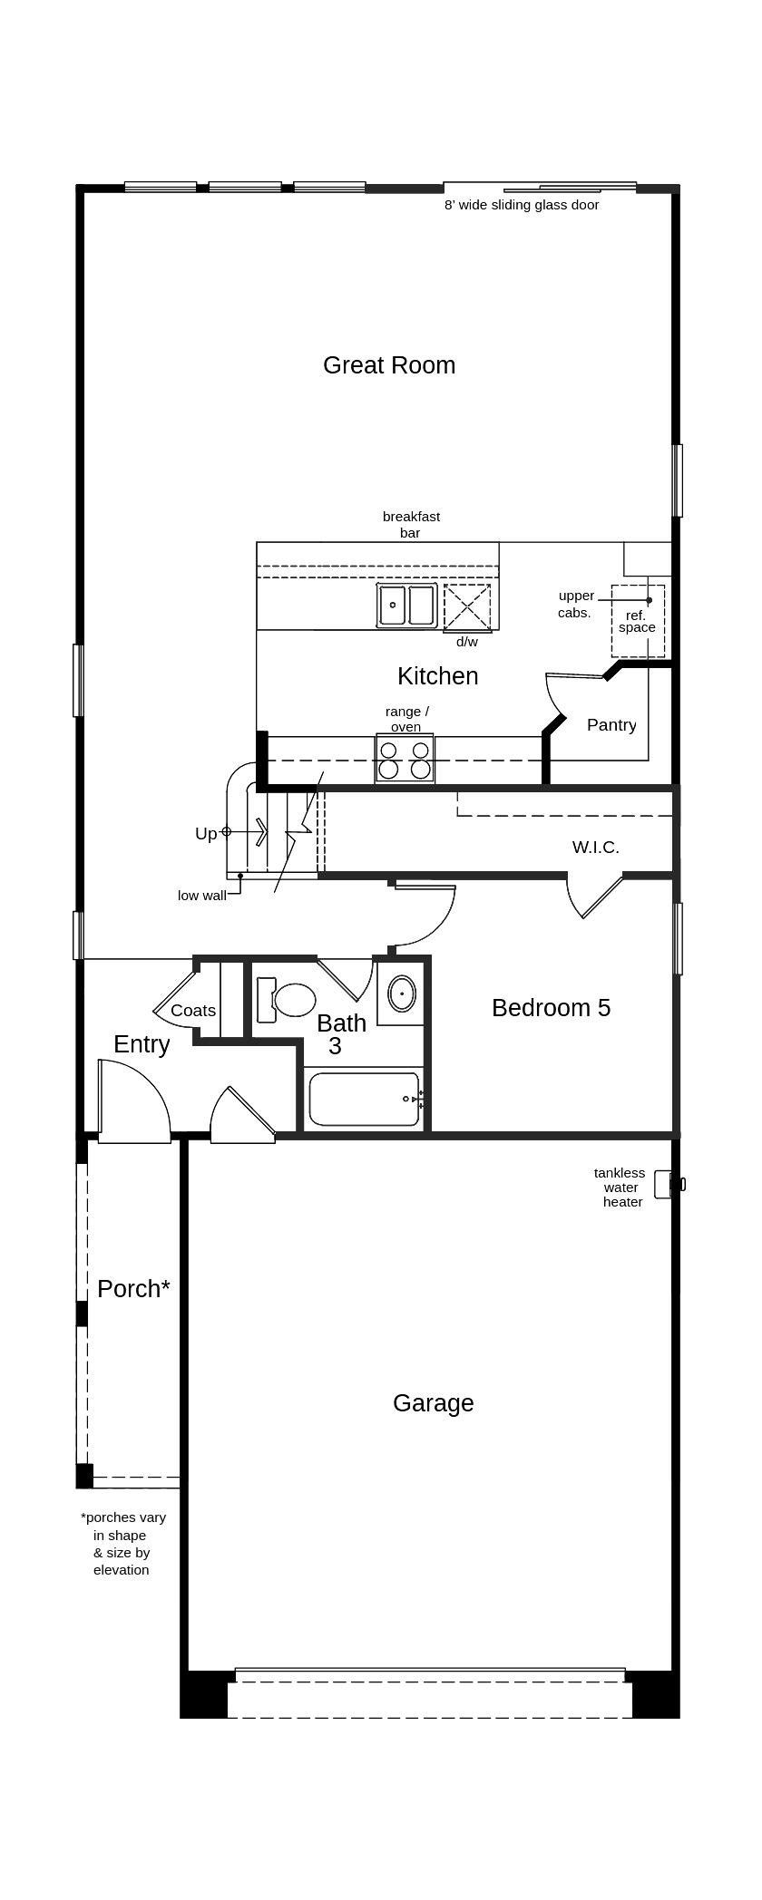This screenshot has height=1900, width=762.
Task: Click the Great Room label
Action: coord(389,365)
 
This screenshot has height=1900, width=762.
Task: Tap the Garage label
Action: coord(433,1403)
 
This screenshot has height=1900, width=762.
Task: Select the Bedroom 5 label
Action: coord(551,1008)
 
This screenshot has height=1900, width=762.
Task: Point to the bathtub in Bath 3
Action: coord(364,1099)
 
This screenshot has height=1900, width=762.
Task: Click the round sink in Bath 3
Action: coord(401,994)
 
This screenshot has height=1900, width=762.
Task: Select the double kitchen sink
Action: coord(406,606)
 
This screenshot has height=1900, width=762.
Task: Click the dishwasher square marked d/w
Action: coord(467,606)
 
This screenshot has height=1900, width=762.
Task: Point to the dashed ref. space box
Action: coord(638,622)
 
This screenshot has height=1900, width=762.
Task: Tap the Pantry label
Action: coord(611,725)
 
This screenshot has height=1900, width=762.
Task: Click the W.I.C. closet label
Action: coord(595,848)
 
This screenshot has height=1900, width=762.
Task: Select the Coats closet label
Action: coord(193,1011)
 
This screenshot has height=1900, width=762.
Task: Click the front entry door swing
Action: coord(133,1101)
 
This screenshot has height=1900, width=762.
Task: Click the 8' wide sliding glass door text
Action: coord(522,205)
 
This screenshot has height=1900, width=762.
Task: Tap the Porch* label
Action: coord(133,1289)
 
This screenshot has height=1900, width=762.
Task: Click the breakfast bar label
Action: coord(411,525)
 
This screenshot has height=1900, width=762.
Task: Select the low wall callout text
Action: coord(201,896)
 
